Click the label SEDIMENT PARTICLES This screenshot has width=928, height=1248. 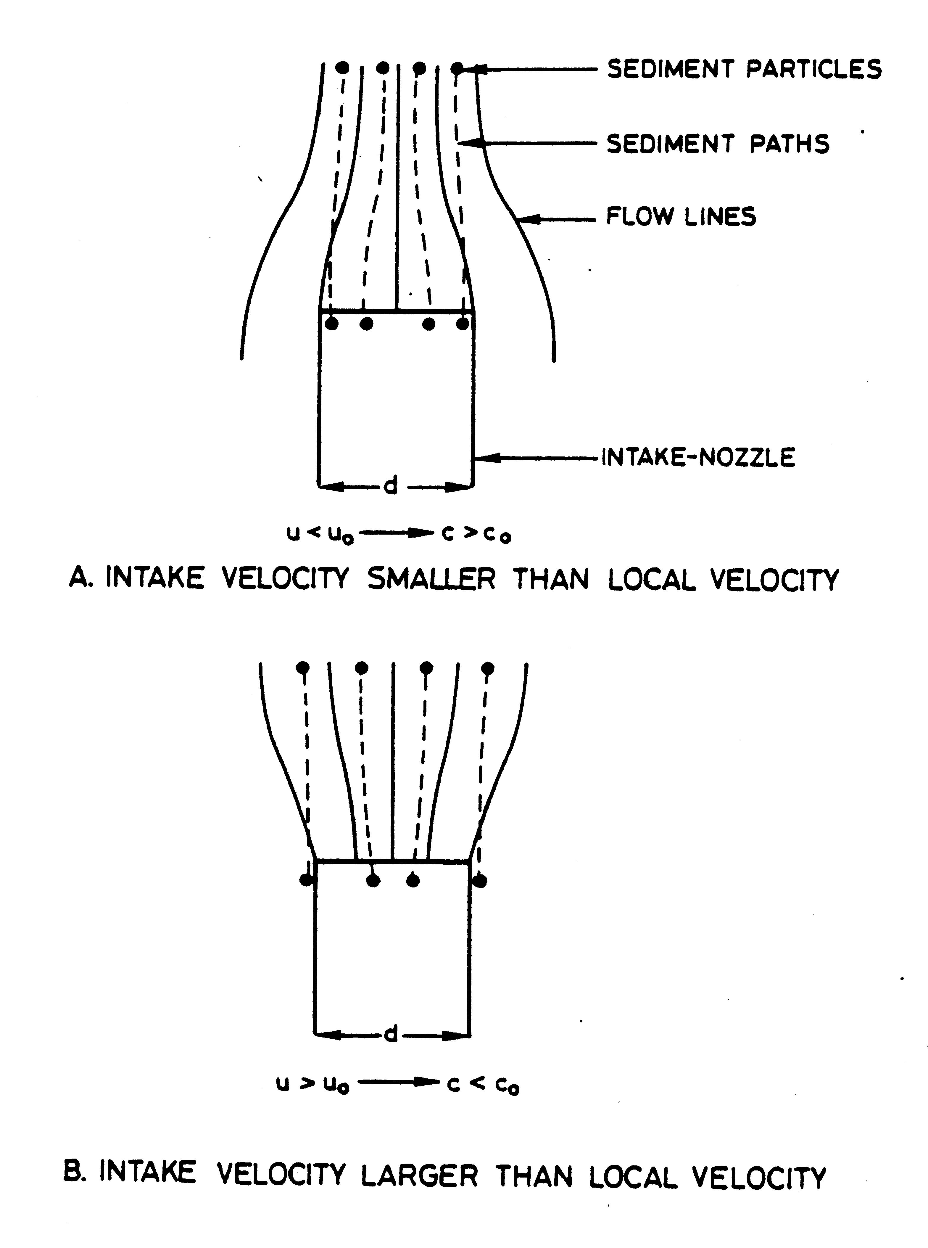744,69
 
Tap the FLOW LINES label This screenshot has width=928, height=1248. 681,216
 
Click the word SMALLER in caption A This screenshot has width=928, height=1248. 431,579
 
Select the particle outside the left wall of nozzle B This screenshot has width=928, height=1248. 306,880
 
